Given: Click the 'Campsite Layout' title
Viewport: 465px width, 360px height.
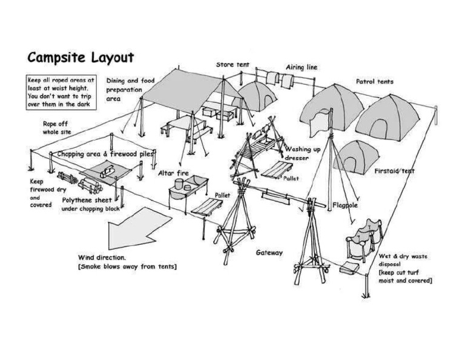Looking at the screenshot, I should [x=80, y=58].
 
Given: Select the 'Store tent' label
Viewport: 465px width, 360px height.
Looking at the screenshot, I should [x=232, y=64].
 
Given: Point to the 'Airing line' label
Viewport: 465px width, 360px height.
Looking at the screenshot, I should [x=302, y=67].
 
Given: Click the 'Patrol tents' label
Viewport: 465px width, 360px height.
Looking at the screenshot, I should [x=375, y=81].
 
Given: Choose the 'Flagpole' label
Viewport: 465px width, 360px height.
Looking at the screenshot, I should [x=346, y=205].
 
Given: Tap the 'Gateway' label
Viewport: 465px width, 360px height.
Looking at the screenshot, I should [x=269, y=252].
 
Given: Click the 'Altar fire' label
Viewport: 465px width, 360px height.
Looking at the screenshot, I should [x=173, y=173].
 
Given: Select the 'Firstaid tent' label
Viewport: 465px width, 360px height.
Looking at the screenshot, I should [x=394, y=171].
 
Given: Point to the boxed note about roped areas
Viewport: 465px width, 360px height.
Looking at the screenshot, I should [x=61, y=92].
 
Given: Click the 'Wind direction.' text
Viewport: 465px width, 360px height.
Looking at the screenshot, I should [x=102, y=257].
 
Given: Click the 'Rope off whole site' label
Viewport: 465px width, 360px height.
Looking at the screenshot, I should [x=54, y=127].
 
